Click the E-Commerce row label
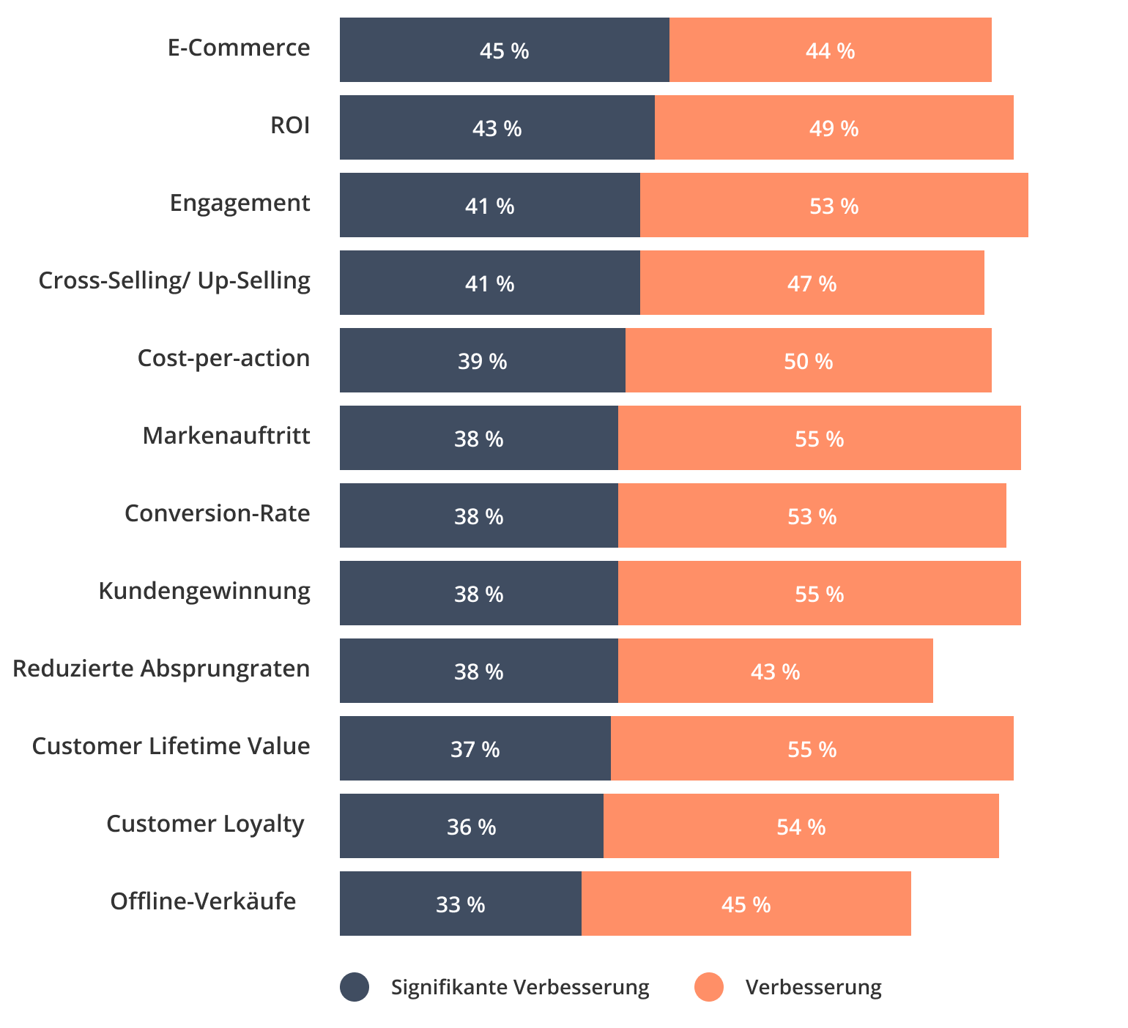239,48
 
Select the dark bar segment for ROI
497,127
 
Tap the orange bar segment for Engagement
834,205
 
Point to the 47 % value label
812,283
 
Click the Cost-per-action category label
223,359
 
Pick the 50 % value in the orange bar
808,361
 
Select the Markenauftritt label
226,436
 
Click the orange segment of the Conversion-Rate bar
812,515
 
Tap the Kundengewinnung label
204,592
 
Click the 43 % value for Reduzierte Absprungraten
775,671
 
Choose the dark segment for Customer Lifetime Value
475,748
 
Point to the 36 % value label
471,827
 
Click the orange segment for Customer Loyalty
801,826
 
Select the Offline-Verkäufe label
203,901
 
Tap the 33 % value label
460,904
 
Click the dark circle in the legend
355,987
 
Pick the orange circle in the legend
709,987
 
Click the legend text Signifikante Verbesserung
520,988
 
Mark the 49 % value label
834,128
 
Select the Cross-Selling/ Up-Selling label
174,281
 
